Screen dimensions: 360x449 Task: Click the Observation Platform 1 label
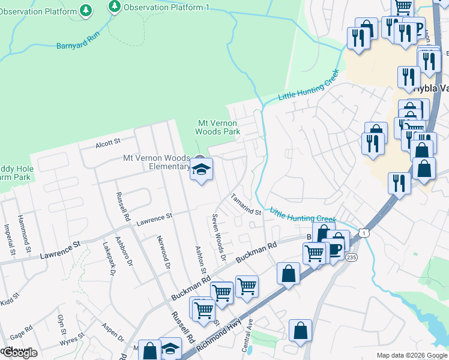pyautogui.click(x=166, y=7)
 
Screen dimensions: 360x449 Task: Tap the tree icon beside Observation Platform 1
pyautogui.click(x=115, y=7)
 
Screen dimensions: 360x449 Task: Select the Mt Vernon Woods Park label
pyautogui.click(x=219, y=127)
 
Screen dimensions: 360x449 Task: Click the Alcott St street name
pyautogui.click(x=108, y=143)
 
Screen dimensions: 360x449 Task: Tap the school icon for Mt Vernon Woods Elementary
pyautogui.click(x=201, y=169)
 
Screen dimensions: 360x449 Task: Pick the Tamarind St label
pyautogui.click(x=246, y=205)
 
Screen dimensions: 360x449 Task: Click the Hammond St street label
pyautogui.click(x=24, y=233)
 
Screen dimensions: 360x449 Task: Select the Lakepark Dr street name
pyautogui.click(x=109, y=259)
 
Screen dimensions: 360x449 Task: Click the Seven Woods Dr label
pyautogui.click(x=218, y=238)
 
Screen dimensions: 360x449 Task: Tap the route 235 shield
pyautogui.click(x=351, y=257)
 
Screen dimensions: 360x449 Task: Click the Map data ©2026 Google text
pyautogui.click(x=411, y=355)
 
